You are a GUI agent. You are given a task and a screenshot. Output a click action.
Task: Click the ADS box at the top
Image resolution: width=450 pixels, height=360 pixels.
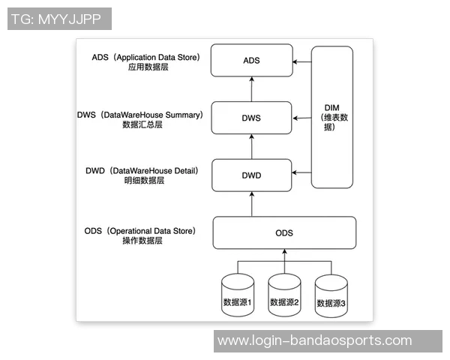pos(251,60)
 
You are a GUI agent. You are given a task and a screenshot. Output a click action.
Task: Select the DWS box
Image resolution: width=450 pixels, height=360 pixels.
pos(251,118)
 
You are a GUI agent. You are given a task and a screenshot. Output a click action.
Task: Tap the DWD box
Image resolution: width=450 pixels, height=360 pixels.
pos(251,175)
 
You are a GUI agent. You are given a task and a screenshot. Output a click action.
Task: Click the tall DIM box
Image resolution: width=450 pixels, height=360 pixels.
pos(332,116)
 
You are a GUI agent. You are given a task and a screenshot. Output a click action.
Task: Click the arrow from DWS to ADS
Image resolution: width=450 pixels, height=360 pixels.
pos(251,88)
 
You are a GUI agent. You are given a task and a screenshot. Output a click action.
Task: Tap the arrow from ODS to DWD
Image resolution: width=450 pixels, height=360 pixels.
pos(251,203)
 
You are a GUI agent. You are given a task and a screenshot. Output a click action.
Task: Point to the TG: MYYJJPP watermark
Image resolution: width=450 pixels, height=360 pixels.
pos(59,19)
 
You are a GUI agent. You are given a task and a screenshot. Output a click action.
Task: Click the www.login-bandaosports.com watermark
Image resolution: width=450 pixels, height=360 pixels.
pos(314,340)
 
